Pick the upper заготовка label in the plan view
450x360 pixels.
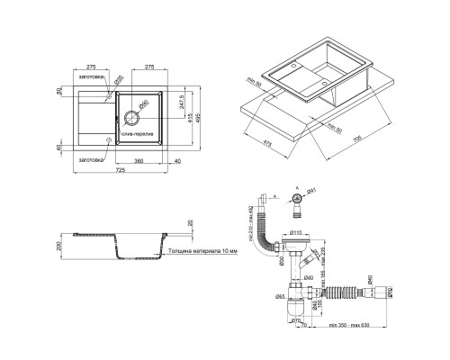point(93,77)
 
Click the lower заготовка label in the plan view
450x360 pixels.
point(93,159)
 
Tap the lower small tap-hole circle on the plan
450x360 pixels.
point(110,140)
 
